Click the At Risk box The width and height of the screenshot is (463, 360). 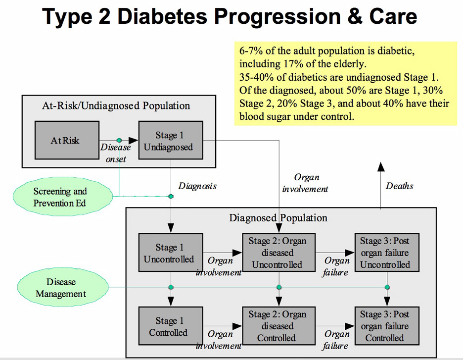coord(67,140)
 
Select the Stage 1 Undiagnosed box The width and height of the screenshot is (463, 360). coord(171,140)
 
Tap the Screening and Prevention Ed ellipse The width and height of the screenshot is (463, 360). coord(63,197)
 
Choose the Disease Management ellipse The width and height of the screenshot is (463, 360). coord(63,287)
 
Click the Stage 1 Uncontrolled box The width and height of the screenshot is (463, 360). coord(171,253)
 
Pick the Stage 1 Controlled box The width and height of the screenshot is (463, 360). coord(171,326)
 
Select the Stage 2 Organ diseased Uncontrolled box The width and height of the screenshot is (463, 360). coord(279,253)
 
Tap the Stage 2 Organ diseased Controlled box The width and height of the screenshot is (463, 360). coord(279,326)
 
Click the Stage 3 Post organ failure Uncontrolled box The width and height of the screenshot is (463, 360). coord(387,253)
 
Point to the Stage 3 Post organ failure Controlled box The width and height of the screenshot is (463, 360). coord(387,326)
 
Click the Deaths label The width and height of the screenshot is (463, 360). coord(399,186)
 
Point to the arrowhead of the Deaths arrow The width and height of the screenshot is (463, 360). coord(381,162)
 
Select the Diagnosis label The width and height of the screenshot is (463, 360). coord(197,186)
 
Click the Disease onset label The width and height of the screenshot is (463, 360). coord(115,153)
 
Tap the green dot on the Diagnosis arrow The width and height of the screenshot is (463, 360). coord(171,196)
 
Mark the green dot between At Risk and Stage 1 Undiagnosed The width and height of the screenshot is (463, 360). coord(119,140)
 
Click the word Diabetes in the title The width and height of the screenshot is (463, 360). coord(162,16)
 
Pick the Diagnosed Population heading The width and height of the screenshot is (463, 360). coord(278,218)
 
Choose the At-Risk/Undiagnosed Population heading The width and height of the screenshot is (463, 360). coord(116,105)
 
